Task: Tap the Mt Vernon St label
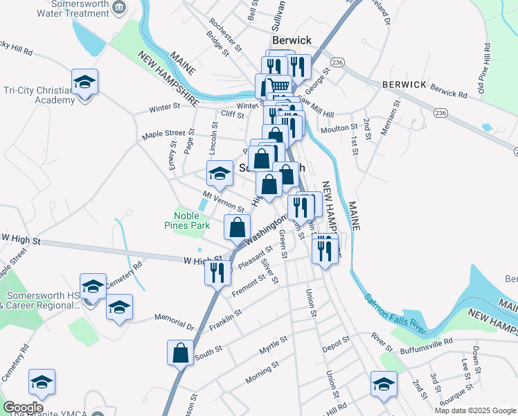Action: (224, 202)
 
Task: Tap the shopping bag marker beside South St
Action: (180, 353)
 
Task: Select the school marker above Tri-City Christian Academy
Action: (84, 82)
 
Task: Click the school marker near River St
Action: (384, 385)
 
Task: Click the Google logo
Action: (23, 408)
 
